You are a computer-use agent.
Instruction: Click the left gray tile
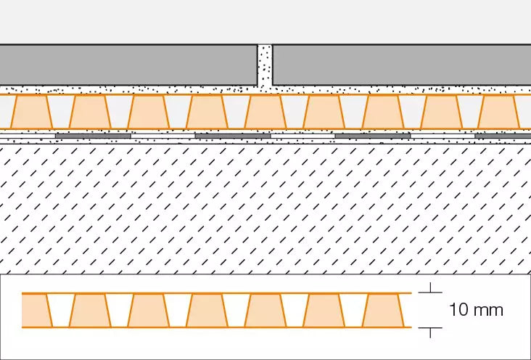[128, 65]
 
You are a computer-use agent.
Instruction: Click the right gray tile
[402, 65]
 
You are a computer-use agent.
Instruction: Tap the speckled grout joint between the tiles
[265, 65]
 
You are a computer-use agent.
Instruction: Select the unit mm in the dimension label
[487, 311]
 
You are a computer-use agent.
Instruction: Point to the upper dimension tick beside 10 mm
[430, 288]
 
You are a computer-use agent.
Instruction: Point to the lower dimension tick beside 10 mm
[430, 332]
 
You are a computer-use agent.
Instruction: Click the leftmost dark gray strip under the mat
[93, 136]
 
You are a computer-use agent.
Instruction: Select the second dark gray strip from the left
[233, 136]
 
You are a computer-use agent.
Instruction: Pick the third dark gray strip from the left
[373, 136]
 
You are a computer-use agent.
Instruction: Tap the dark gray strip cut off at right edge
[503, 136]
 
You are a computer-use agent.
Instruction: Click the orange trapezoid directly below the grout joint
[265, 112]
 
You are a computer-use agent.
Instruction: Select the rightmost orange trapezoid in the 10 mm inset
[383, 311]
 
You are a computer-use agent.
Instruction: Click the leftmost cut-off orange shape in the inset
[36, 311]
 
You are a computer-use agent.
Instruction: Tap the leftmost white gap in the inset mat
[61, 309]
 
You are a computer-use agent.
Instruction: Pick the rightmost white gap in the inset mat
[353, 309]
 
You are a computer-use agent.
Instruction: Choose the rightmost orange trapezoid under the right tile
[500, 112]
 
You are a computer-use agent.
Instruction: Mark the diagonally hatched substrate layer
[265, 209]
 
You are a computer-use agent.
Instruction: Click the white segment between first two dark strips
[163, 136]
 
